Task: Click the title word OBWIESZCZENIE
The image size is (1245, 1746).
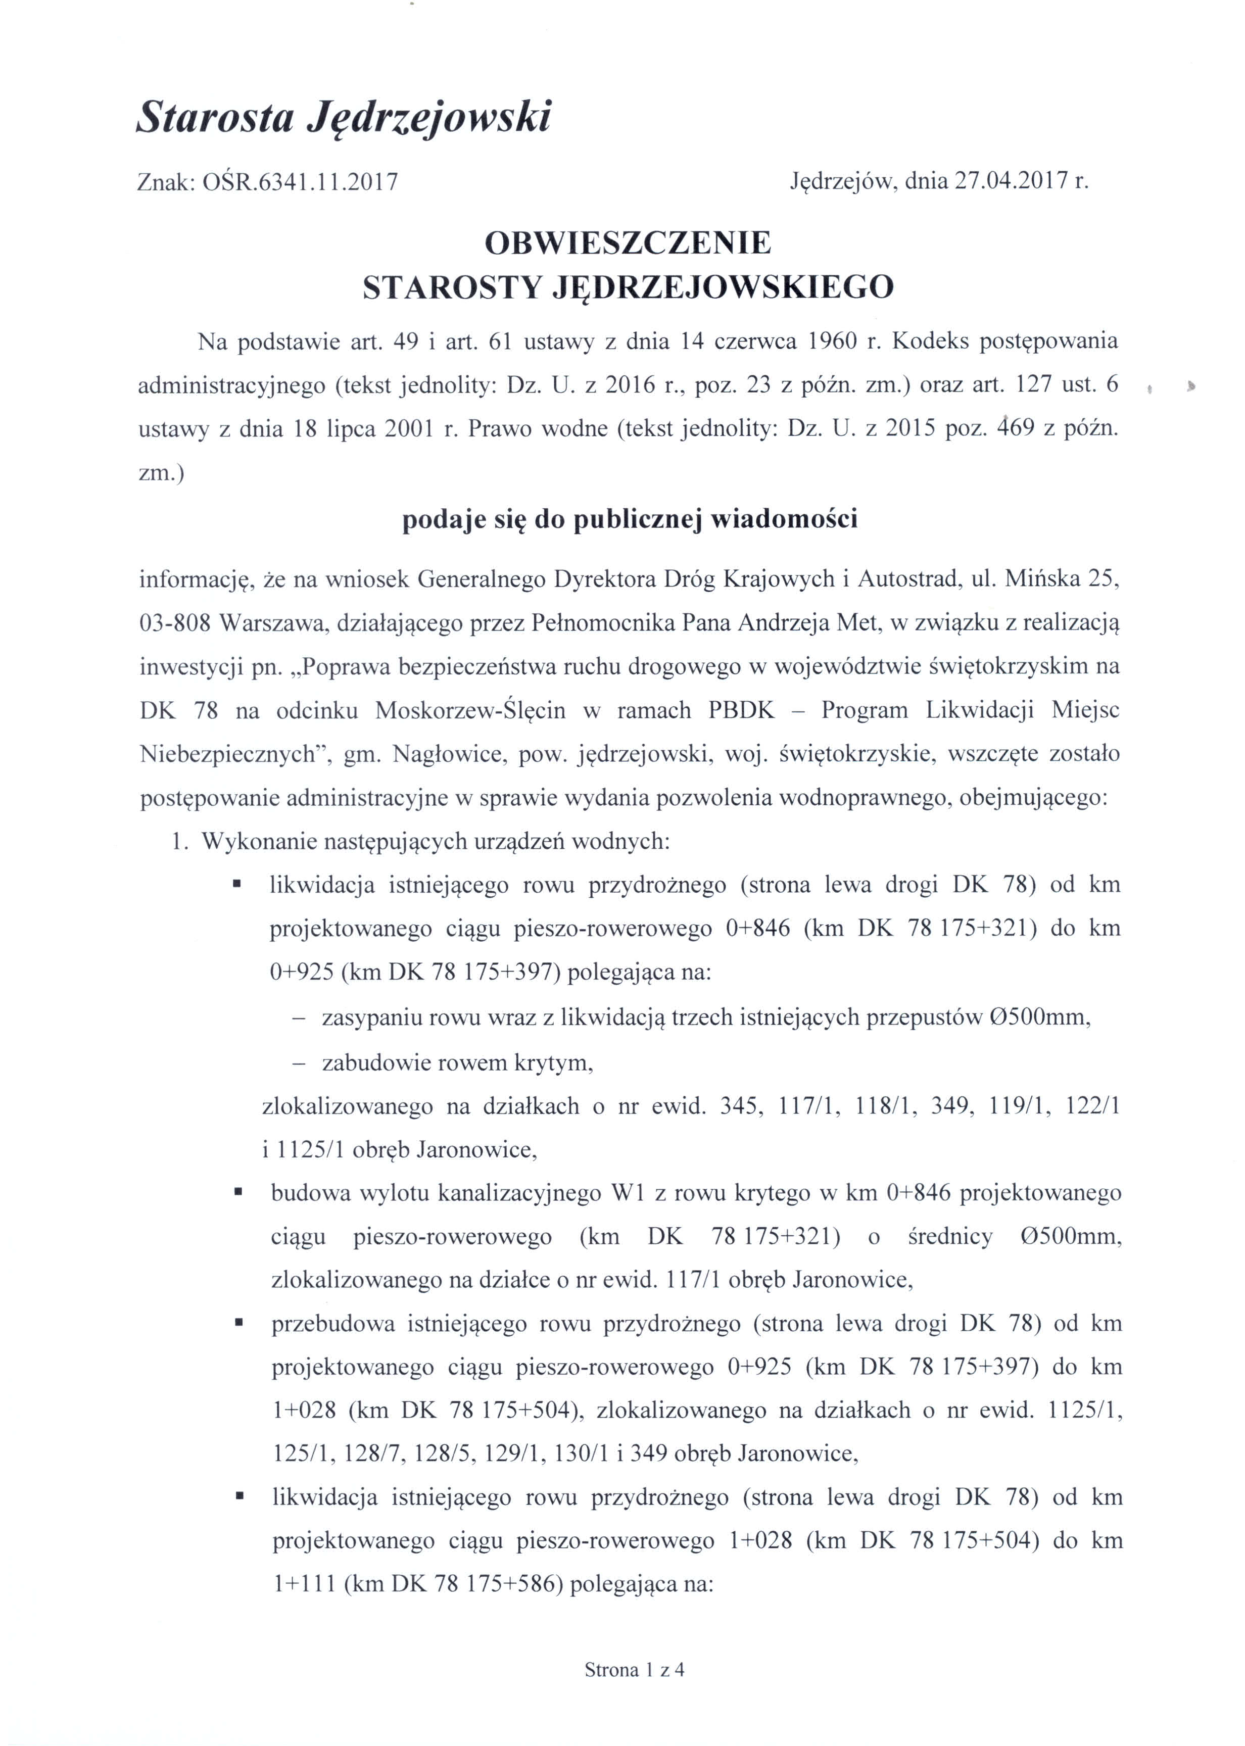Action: (x=628, y=243)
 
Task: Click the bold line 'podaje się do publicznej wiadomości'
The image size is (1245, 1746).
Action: (x=630, y=520)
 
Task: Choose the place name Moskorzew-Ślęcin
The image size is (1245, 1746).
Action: (x=470, y=710)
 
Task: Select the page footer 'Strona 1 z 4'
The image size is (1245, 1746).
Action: (x=634, y=1669)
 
